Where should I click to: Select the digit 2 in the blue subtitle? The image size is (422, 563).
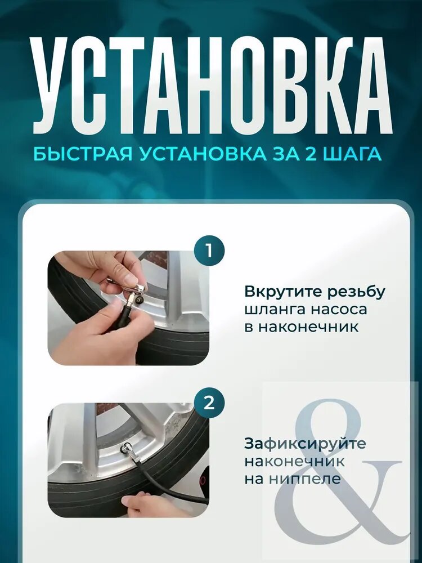(313, 154)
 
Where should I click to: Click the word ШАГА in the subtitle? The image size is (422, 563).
(353, 154)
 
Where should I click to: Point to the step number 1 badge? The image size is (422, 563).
(209, 251)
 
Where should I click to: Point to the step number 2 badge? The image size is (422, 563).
(209, 404)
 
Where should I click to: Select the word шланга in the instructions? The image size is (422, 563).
(275, 310)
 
